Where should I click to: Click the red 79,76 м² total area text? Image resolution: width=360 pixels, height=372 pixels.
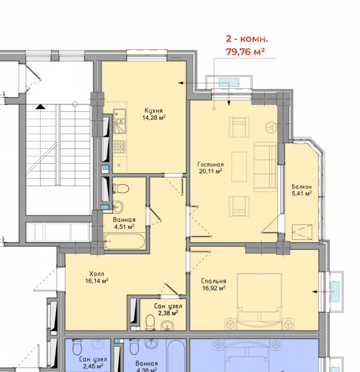245,52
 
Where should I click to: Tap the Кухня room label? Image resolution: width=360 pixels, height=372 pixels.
154,111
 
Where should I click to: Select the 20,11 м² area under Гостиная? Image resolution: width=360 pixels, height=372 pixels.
211,171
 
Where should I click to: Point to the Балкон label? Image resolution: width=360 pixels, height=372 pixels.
301,187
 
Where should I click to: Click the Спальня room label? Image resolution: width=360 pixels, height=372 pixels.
213,281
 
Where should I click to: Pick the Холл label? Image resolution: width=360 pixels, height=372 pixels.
97,274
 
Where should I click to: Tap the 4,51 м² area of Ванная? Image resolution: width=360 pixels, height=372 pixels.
124,227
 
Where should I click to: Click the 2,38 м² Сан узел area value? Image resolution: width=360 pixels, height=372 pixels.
168,313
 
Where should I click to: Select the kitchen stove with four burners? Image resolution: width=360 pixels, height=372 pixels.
119,146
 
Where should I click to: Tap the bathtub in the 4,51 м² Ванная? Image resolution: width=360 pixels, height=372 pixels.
124,241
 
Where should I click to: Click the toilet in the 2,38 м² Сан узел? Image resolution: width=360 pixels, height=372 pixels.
150,322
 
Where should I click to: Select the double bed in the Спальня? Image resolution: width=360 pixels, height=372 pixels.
259,302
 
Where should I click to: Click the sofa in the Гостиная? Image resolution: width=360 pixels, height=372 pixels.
265,167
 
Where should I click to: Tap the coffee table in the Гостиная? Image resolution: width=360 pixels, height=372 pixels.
239,167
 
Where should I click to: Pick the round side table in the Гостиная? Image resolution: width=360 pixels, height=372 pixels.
271,127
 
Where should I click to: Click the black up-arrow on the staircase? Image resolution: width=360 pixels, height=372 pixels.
40,107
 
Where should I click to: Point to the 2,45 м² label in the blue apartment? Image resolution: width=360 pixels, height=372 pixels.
93,366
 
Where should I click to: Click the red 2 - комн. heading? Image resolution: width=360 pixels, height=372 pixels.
247,39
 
